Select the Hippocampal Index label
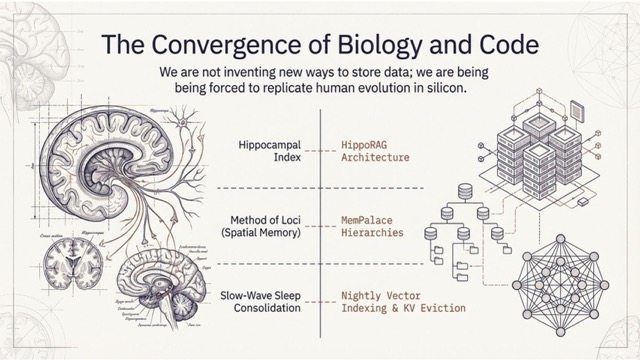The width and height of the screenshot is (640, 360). pyautogui.click(x=269, y=151)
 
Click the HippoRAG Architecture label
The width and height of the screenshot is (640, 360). pyautogui.click(x=375, y=151)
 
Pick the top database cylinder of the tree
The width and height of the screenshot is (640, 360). pyautogui.click(x=464, y=192)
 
